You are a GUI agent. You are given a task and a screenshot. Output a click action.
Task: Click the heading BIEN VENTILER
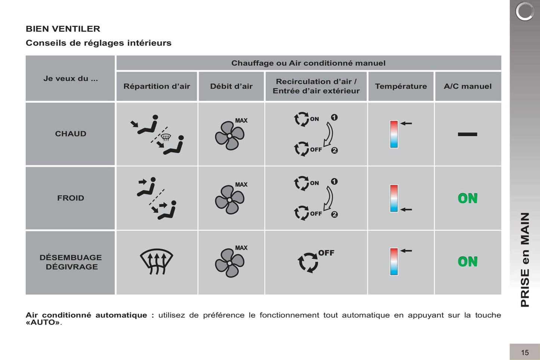pos(63,29)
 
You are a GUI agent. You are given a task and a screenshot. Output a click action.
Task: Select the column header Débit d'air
pos(231,86)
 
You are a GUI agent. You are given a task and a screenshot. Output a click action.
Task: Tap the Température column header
pos(401,86)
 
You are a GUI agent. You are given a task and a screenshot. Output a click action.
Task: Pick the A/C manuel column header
pos(468,86)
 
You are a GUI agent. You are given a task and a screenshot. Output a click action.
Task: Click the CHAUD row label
pos(70,133)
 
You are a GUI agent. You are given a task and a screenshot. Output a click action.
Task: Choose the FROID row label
pos(70,198)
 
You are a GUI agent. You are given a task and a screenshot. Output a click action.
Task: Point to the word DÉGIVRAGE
pos(72,267)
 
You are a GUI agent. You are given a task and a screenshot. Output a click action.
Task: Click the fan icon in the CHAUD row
pos(229,136)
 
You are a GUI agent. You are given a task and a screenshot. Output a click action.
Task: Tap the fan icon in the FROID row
pos(229,199)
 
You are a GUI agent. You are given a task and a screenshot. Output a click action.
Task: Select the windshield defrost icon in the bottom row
pos(157,262)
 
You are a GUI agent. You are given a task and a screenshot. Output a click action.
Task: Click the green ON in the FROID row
pos(468,198)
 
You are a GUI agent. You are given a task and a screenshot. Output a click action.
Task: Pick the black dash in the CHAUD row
pos(468,134)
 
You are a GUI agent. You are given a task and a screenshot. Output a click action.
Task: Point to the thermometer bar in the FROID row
pos(394,198)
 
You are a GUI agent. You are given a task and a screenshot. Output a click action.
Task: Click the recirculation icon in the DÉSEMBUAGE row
pos(308,263)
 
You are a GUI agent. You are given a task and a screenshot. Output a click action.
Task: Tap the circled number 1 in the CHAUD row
pos(334,117)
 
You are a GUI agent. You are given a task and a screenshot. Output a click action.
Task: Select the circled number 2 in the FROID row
pos(334,214)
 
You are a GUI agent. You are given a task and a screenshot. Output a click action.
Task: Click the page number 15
pos(525,353)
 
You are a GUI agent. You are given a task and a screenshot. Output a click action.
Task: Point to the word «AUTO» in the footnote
pos(43,322)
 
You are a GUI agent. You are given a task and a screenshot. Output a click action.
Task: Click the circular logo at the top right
pos(525,11)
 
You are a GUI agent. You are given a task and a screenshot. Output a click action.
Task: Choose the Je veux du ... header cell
pos(70,78)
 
